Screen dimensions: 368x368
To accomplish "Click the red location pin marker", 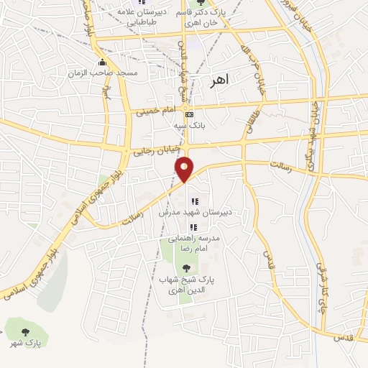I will pyautogui.click(x=185, y=168).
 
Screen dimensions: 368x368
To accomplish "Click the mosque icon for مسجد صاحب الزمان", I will pyautogui.click(x=103, y=63).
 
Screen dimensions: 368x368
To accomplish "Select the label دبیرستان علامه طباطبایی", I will pyautogui.click(x=152, y=17).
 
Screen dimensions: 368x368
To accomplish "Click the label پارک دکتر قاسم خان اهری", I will pyautogui.click(x=208, y=17).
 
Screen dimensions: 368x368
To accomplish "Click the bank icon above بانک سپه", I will pyautogui.click(x=189, y=114).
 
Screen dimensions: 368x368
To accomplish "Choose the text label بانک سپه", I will pyautogui.click(x=185, y=125).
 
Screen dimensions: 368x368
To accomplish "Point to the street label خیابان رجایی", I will pyautogui.click(x=153, y=152).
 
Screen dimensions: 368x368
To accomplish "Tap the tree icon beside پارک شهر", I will pyautogui.click(x=26, y=332).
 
